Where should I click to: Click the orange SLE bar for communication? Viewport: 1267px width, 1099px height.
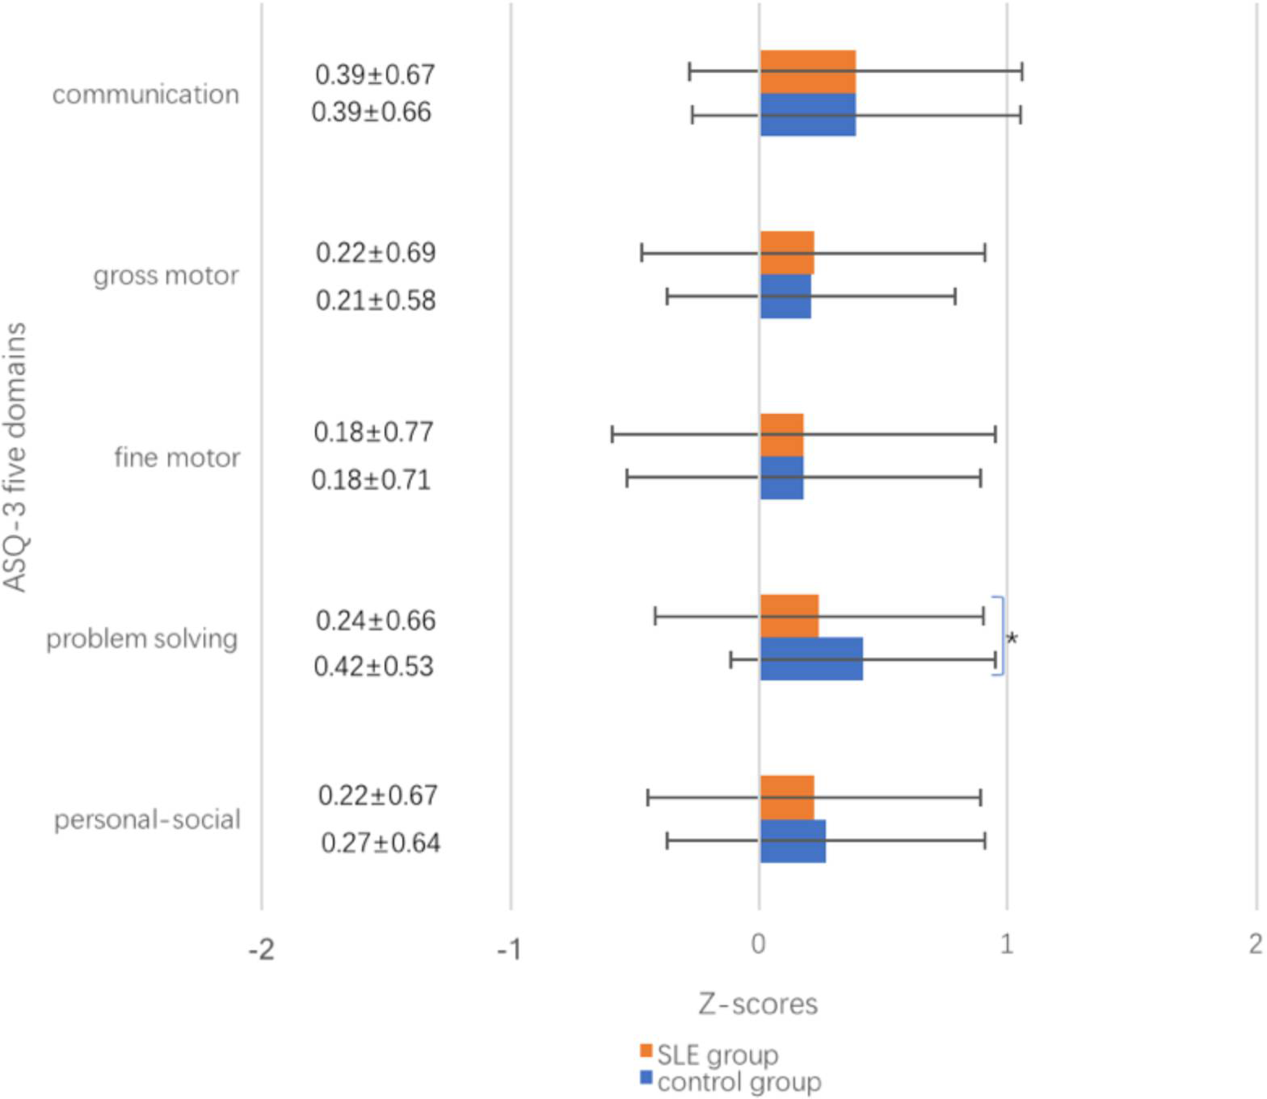coord(807,72)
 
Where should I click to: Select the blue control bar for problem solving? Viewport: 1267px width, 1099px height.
coord(811,659)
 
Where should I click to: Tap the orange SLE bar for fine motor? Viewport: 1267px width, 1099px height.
coord(781,435)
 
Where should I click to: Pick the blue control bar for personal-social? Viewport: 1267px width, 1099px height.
coord(793,841)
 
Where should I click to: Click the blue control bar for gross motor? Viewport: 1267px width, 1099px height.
coord(785,296)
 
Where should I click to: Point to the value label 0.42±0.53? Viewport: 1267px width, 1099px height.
coord(373,667)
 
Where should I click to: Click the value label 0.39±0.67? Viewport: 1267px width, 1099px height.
coord(375,75)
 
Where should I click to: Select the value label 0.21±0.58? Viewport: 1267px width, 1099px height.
coord(375,301)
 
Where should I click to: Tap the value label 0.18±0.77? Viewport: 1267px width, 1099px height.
coord(373,432)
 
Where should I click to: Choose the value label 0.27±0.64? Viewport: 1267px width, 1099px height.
coord(380,843)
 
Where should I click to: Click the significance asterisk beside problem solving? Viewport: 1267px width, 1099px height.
coord(1012,639)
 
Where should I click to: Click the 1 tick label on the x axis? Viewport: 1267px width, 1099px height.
coord(1006,944)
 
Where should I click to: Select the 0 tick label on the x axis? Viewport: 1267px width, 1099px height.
coord(758,944)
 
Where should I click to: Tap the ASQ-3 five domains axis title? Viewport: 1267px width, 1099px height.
coord(15,457)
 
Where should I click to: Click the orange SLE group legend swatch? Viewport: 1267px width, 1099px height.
coord(646,1051)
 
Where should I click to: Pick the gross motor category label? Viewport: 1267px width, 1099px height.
coord(166,276)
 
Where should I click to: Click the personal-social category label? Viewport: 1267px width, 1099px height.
coord(147,820)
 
